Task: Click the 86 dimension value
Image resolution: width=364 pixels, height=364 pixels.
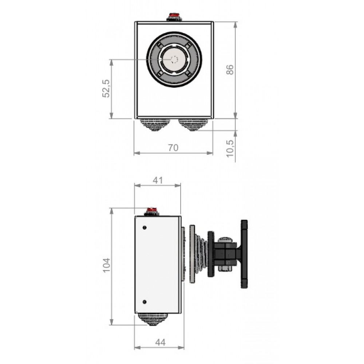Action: click(230, 70)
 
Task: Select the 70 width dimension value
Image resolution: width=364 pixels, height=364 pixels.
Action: click(173, 148)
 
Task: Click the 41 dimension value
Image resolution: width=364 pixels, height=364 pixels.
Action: click(158, 181)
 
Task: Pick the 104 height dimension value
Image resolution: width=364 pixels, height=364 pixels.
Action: click(106, 265)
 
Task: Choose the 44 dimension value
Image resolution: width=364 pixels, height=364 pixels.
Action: click(161, 342)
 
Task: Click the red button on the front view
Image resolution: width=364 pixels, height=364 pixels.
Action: click(174, 16)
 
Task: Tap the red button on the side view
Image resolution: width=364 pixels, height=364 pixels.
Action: click(151, 210)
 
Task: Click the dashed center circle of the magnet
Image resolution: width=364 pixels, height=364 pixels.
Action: click(174, 60)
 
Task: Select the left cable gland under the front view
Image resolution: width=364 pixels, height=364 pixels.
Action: click(154, 125)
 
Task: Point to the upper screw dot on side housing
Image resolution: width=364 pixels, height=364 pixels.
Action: click(145, 228)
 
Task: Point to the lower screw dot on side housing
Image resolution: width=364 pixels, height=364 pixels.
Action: click(145, 302)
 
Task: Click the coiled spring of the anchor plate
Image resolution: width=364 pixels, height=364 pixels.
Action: click(201, 254)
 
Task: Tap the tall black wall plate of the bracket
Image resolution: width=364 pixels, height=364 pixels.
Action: click(244, 254)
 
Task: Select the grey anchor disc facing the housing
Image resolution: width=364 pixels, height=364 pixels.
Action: click(192, 254)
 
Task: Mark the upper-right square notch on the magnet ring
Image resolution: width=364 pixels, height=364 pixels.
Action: click(188, 44)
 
